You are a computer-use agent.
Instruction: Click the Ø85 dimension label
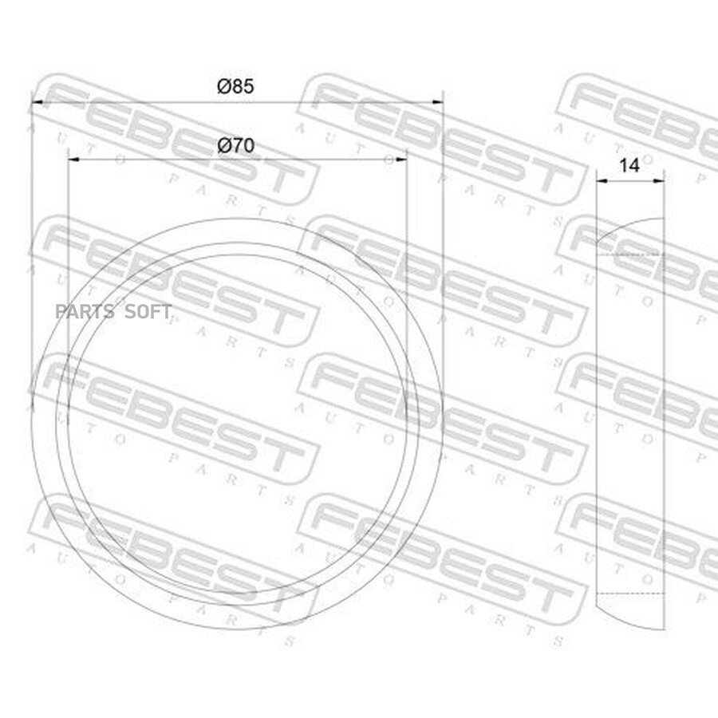point(235,86)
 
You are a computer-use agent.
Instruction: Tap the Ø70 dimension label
point(235,146)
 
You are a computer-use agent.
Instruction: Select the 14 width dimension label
point(629,165)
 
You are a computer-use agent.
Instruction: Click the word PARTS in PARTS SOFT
point(85,312)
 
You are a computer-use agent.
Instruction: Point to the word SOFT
point(148,312)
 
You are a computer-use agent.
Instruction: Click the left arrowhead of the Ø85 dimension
point(37,103)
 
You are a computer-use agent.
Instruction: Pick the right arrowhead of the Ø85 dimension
point(438,103)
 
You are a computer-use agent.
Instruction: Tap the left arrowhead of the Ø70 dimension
point(73,160)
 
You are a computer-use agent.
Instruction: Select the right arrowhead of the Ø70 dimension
point(401,160)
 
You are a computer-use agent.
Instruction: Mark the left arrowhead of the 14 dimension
point(602,181)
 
